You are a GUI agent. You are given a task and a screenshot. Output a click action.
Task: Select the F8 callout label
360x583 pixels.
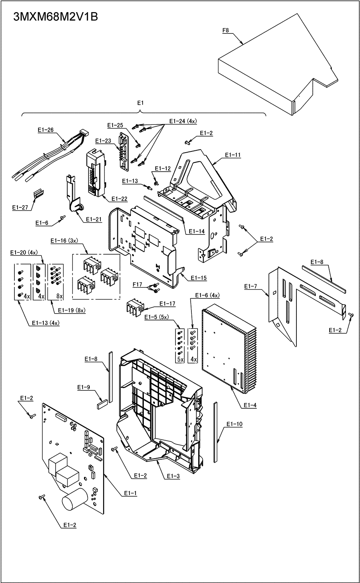(226, 31)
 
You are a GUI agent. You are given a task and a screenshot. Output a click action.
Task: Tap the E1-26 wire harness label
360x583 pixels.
(46, 130)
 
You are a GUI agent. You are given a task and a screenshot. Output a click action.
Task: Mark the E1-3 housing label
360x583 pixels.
(173, 476)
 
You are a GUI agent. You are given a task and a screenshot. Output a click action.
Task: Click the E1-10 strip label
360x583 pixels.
(234, 424)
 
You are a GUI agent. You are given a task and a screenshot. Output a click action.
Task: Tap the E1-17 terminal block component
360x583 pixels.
(135, 307)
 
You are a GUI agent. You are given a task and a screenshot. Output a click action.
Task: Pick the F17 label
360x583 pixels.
(137, 284)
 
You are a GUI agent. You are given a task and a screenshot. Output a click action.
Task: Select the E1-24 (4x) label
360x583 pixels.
(183, 121)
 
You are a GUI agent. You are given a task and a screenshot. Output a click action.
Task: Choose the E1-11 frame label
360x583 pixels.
(233, 155)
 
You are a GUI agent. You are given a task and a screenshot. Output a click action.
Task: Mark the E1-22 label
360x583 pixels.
(119, 199)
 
